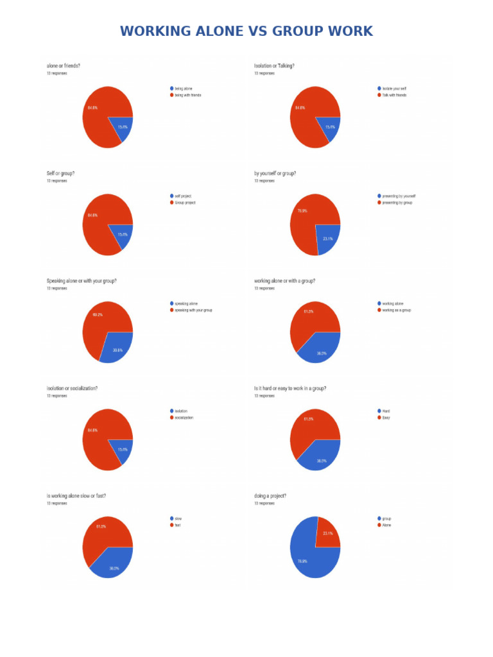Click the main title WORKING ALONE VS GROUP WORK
click(246, 31)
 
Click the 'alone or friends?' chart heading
click(64, 65)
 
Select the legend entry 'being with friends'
click(187, 95)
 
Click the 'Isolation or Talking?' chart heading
click(274, 65)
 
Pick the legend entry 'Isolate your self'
click(394, 89)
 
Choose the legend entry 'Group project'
click(184, 203)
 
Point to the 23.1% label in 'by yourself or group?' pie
click(327, 239)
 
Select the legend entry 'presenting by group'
click(396, 203)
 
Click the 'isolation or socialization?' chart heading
click(72, 388)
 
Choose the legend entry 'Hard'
click(385, 411)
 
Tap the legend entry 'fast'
click(177, 525)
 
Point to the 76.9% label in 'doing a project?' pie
click(302, 561)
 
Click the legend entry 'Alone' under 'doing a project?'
click(386, 525)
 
